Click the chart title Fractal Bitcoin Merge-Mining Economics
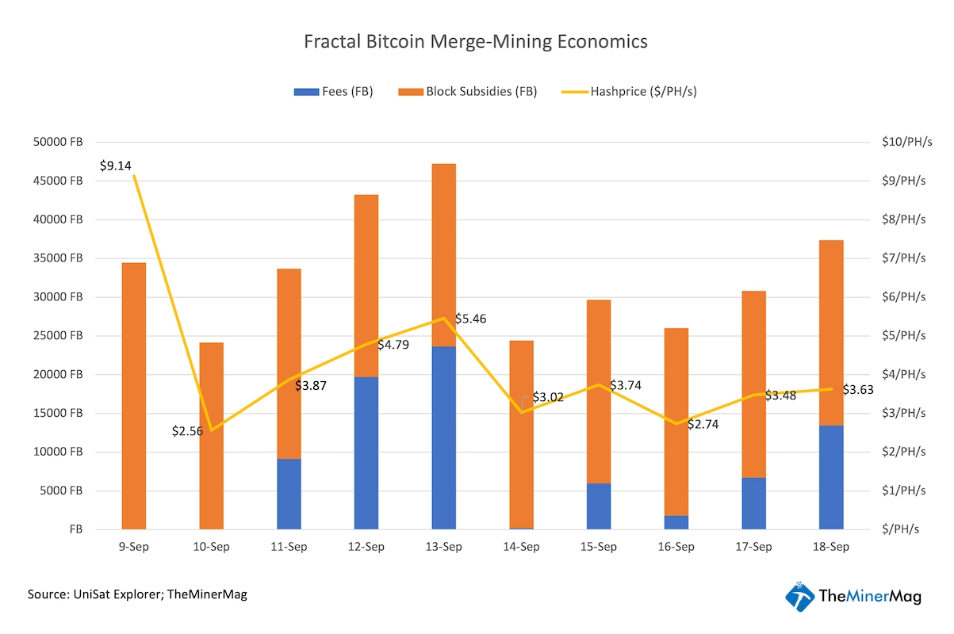tap(476, 42)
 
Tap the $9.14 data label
tap(116, 166)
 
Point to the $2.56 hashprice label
tap(188, 431)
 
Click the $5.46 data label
tap(470, 319)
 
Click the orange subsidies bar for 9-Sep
tap(133, 395)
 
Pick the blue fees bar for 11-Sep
tap(289, 494)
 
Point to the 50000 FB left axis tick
tap(59, 143)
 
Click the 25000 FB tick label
tap(59, 336)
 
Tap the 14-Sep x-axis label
tap(521, 547)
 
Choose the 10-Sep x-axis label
tap(211, 547)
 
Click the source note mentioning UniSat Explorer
tap(137, 594)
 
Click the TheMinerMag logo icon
tap(799, 597)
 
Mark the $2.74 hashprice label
tap(703, 425)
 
